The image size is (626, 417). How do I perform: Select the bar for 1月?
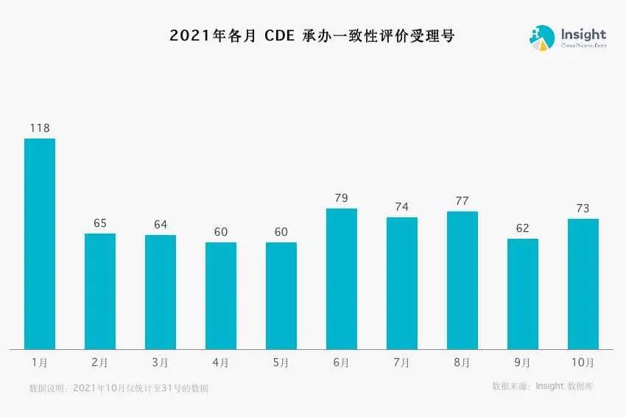[40, 244]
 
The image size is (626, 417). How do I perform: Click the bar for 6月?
[342, 278]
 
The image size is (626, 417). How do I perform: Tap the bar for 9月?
[523, 294]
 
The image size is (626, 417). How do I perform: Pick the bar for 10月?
[583, 284]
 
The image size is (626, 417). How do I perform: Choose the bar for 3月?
[161, 292]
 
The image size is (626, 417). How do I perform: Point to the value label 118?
[40, 128]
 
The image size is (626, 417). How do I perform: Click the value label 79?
[342, 198]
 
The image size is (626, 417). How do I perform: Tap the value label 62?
[523, 228]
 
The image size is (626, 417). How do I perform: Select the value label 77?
[463, 201]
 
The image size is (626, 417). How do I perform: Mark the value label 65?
[100, 223]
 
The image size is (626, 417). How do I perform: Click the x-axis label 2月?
[100, 362]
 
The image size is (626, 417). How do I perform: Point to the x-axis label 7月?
[402, 362]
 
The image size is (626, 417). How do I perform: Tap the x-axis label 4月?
[221, 362]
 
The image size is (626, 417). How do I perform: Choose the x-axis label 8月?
[463, 362]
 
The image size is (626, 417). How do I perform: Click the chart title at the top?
[312, 35]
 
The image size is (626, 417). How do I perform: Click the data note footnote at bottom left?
[119, 388]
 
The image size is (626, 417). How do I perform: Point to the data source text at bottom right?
[544, 386]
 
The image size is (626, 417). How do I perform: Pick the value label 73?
[583, 208]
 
